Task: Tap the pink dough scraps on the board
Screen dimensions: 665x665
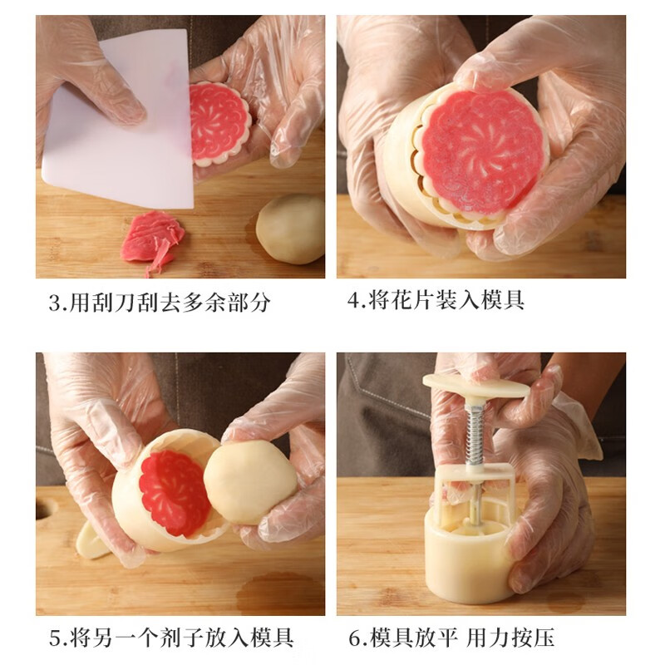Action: tap(152, 239)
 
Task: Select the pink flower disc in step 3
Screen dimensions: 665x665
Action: tap(219, 122)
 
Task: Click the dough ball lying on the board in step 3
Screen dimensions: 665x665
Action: tap(291, 229)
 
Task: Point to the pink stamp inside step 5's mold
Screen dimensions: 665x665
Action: tap(174, 491)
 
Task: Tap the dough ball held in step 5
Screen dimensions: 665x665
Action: tap(249, 481)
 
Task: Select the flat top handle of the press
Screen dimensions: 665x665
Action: tap(475, 386)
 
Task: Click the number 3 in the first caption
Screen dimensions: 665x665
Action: tap(54, 303)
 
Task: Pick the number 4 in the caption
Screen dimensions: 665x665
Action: tap(353, 301)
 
